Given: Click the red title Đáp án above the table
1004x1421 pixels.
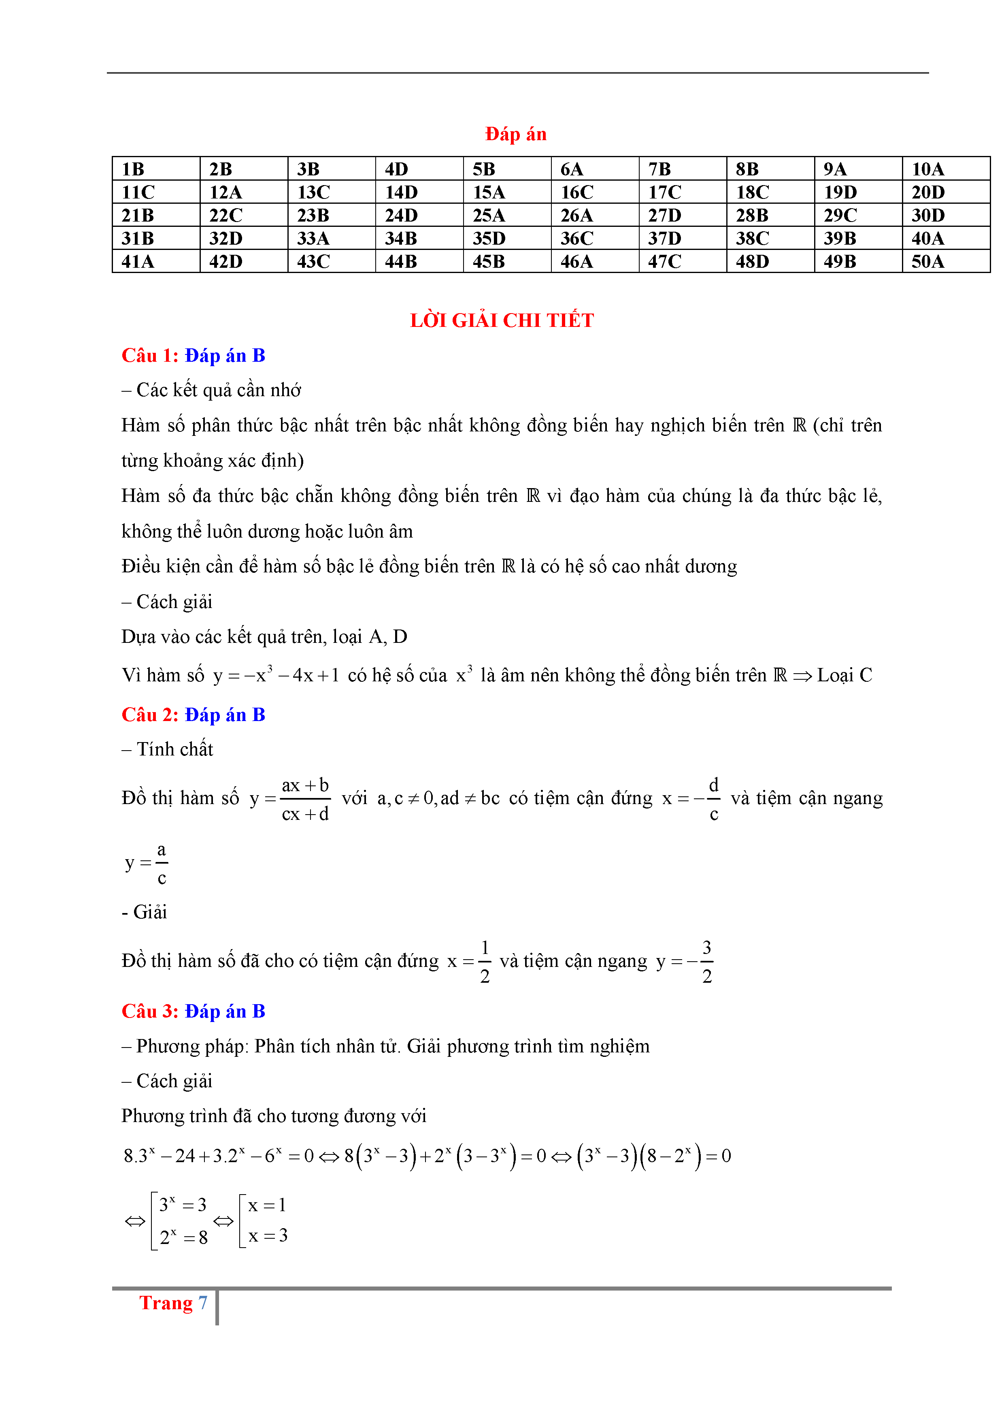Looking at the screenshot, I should pos(515,134).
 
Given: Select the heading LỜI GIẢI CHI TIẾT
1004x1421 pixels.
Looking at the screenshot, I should pos(502,320).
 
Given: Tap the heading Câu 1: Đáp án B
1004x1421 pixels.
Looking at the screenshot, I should pos(193,355).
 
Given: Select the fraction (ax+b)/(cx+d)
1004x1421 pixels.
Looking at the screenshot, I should pos(305,799).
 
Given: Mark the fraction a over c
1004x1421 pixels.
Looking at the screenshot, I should pos(162,863).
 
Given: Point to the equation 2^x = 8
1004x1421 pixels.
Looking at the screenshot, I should pos(183,1237).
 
